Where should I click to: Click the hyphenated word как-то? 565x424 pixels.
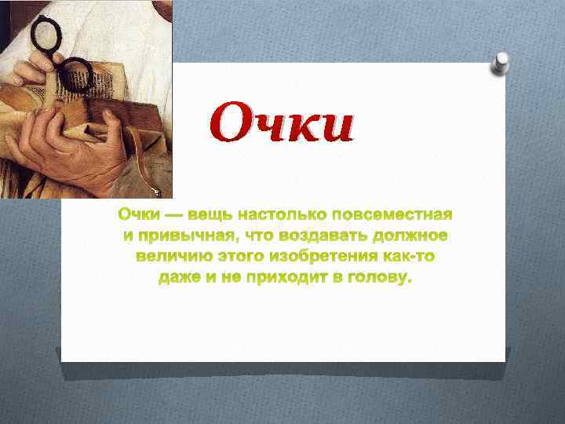(409, 257)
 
